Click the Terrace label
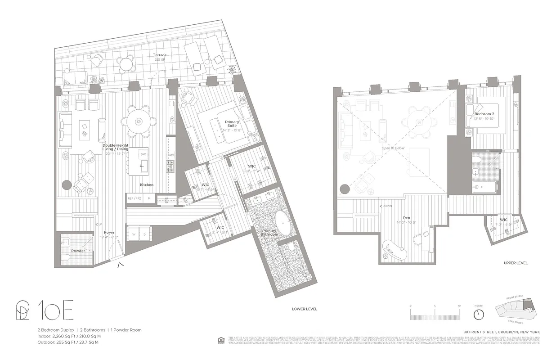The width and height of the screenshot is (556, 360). (159, 55)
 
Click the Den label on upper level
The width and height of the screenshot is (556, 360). (406, 218)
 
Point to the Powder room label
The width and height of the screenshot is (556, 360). (78, 251)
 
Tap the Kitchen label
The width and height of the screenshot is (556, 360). (146, 185)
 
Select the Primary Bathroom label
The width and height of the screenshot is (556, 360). (270, 233)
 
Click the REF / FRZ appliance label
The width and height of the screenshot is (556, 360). (135, 198)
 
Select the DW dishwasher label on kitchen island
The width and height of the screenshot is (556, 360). (143, 154)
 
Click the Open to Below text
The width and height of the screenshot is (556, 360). (393, 148)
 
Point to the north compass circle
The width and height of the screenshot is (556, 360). (479, 313)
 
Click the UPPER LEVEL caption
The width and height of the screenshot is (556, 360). (516, 263)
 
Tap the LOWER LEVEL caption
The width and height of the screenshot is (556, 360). (305, 309)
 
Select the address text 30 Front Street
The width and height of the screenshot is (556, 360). (502, 332)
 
